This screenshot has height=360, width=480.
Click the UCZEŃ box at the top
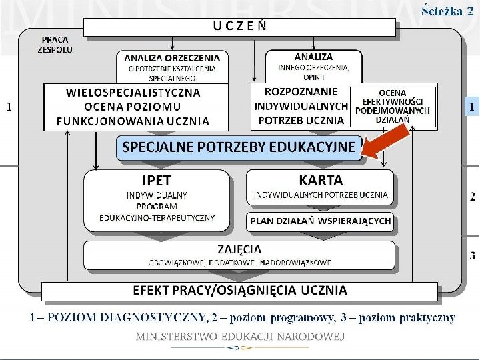pyautogui.click(x=240, y=27)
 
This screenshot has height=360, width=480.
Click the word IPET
pyautogui.click(x=157, y=181)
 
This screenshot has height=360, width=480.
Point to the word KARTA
pyautogui.click(x=321, y=180)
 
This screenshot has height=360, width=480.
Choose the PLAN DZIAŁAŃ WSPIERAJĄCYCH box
pyautogui.click(x=321, y=221)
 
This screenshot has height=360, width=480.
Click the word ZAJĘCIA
pyautogui.click(x=239, y=249)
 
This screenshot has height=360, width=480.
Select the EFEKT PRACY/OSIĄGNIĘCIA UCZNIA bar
pyautogui.click(x=240, y=290)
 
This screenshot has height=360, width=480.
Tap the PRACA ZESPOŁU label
pyautogui.click(x=55, y=45)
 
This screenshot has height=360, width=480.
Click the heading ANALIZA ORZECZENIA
pyautogui.click(x=172, y=58)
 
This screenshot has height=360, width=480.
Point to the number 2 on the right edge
pyautogui.click(x=472, y=197)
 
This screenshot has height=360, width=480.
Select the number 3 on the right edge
pyautogui.click(x=472, y=255)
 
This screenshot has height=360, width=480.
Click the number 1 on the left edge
pyautogui.click(x=8, y=106)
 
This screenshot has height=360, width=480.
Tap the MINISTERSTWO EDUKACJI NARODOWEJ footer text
pyautogui.click(x=240, y=337)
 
